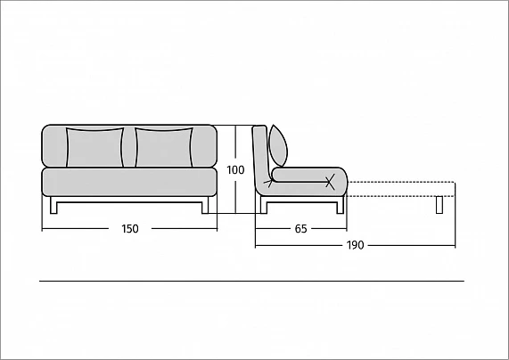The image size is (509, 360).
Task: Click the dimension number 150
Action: [x=130, y=229]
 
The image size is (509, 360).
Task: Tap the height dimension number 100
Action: [x=235, y=170]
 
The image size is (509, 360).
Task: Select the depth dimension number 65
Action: [x=300, y=229]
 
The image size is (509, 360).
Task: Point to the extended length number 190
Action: [x=355, y=245]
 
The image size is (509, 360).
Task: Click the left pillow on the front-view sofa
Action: [x=94, y=147]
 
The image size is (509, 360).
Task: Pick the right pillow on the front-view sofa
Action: [x=164, y=147]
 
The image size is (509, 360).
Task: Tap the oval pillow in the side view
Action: [x=278, y=145]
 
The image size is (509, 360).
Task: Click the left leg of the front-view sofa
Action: [x=53, y=205]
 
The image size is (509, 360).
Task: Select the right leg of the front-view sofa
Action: [x=205, y=205]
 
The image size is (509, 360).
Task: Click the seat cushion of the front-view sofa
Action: [x=129, y=182]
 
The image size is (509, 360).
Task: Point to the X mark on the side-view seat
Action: [x=330, y=182]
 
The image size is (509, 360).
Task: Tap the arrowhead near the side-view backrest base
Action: [x=269, y=182]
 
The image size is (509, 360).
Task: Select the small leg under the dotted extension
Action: [x=439, y=205]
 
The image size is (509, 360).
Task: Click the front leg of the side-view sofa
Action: [x=341, y=206]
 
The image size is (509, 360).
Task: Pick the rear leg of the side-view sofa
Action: [x=264, y=205]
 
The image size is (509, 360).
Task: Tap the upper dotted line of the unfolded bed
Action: [x=401, y=183]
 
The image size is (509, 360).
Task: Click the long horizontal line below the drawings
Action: [x=251, y=281]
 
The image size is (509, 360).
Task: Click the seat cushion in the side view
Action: [x=310, y=175]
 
